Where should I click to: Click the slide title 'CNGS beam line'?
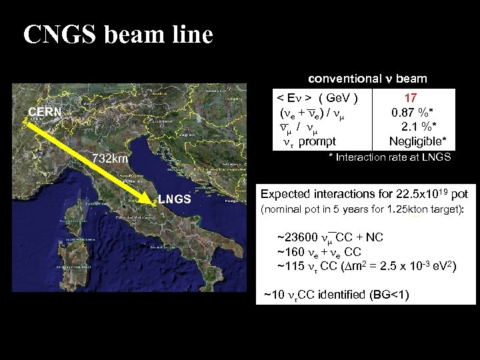(x=118, y=35)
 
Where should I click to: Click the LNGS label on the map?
(x=174, y=199)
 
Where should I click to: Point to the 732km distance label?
(x=111, y=160)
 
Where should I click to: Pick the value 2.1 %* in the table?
(x=419, y=127)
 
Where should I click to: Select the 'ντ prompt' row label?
(x=309, y=141)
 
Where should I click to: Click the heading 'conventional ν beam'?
(x=367, y=79)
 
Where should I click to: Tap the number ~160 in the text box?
(x=290, y=251)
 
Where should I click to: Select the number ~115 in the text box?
(x=290, y=265)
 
